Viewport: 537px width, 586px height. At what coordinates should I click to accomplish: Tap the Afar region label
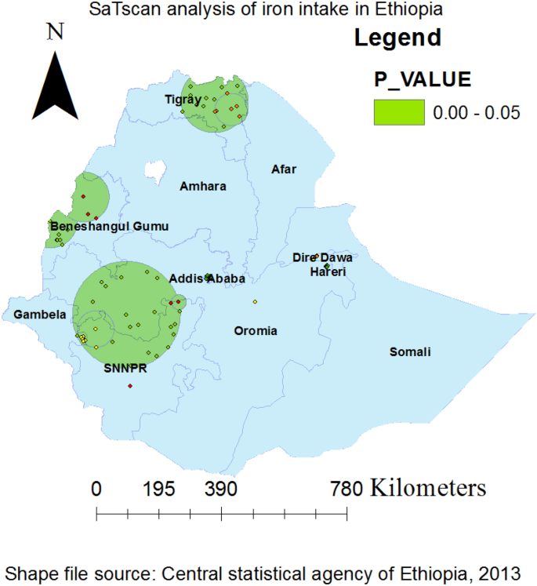[x=284, y=169]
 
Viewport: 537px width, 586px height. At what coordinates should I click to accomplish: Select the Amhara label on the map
[x=202, y=187]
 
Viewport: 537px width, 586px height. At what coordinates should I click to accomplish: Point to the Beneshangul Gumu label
[x=110, y=227]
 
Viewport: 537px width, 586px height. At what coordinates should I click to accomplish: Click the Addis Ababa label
[x=208, y=278]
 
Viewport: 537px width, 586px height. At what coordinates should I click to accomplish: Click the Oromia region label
[x=256, y=331]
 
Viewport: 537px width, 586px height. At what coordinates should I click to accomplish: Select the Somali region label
[x=410, y=352]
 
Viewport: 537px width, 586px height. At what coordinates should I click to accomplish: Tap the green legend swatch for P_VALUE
[x=398, y=111]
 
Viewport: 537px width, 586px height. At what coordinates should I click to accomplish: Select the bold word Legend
[x=397, y=37]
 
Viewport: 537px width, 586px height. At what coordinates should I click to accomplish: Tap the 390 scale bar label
[x=221, y=490]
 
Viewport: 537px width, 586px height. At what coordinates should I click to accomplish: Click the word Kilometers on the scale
[x=427, y=489]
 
